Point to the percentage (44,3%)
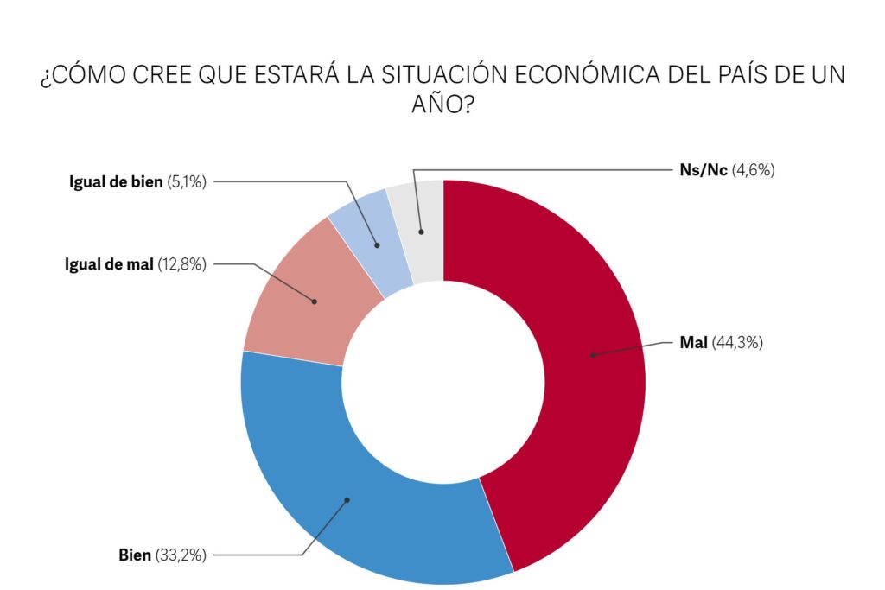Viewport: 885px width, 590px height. click(x=737, y=342)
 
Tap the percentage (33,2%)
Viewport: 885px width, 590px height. click(x=181, y=555)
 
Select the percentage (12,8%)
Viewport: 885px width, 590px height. click(x=182, y=264)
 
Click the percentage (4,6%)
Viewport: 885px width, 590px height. click(x=753, y=170)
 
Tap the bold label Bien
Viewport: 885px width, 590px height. click(x=135, y=555)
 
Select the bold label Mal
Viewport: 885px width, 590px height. click(x=693, y=342)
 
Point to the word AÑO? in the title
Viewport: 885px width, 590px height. click(x=442, y=106)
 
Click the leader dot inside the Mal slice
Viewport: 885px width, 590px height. click(x=593, y=354)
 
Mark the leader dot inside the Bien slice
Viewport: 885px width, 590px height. click(x=347, y=499)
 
